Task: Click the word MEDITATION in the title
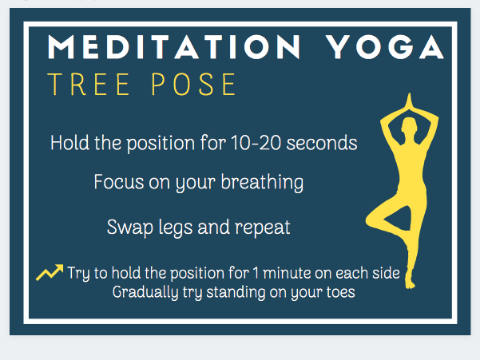point(174,47)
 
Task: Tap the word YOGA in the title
point(384,47)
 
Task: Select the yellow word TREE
point(89,84)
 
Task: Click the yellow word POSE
point(193,84)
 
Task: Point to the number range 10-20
point(256,143)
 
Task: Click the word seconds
point(322,143)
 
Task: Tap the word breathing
point(262,183)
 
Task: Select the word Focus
point(119,182)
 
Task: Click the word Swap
point(130,227)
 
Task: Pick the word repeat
point(262,228)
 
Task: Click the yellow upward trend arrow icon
point(50,272)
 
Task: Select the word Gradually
point(145,292)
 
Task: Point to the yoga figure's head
point(409,125)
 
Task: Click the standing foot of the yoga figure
point(410,282)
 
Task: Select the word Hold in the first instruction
point(69,143)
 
